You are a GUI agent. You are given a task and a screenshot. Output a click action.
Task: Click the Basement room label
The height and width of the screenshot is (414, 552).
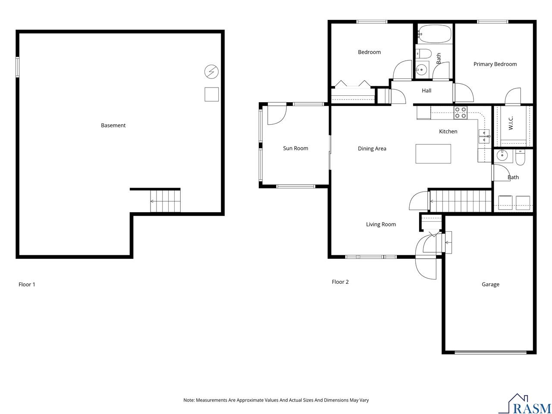[x=113, y=125]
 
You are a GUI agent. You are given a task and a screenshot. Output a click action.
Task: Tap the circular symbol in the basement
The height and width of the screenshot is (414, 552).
[x=211, y=72]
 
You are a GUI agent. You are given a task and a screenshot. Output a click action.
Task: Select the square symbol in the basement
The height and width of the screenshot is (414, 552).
[x=211, y=94]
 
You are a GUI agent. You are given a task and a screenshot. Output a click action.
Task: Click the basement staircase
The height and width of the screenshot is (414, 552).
[x=165, y=201]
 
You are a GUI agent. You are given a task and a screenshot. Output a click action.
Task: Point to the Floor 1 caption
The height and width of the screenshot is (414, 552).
[x=27, y=285]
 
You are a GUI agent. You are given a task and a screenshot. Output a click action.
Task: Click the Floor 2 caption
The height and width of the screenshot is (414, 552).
[x=340, y=282]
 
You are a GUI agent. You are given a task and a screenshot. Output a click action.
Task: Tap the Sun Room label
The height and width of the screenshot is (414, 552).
[x=295, y=148]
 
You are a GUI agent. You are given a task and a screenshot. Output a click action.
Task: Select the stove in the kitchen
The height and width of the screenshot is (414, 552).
[x=460, y=113]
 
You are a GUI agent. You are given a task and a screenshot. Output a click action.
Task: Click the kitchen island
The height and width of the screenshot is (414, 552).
[x=433, y=154]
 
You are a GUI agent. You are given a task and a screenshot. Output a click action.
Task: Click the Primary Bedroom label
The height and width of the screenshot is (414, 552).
[x=495, y=64]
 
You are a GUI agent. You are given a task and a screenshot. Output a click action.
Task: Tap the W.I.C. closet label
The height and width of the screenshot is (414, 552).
[x=511, y=123]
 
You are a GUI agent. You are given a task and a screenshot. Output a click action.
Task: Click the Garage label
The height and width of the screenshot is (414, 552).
[x=490, y=285]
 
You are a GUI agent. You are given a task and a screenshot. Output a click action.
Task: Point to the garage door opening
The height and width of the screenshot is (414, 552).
[x=490, y=352]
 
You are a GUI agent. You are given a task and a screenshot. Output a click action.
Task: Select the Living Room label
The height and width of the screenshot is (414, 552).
[x=381, y=225]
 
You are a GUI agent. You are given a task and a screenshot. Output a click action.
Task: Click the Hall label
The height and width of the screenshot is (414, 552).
[x=427, y=91]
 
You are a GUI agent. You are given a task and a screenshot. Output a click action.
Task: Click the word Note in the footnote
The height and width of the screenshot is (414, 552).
[x=189, y=400]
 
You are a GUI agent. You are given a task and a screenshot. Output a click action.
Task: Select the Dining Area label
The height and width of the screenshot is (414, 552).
[x=372, y=149]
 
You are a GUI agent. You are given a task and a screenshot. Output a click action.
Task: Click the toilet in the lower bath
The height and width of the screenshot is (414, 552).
[x=520, y=157]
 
